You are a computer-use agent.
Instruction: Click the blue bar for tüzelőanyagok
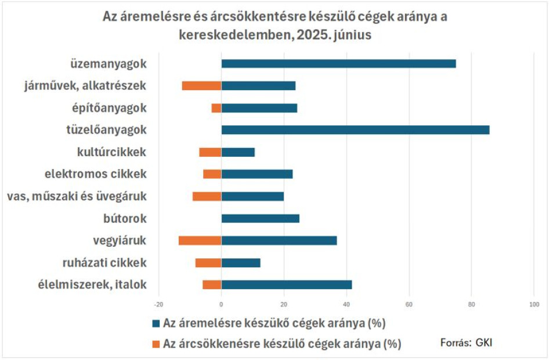[x=355, y=130]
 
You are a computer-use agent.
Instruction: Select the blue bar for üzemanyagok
[x=338, y=64]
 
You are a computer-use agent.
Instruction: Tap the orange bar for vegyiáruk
[x=200, y=240]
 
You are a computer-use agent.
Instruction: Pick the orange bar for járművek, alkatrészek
[x=202, y=86]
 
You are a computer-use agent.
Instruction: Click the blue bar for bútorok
[x=261, y=218]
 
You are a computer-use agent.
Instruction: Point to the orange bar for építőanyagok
[x=216, y=108]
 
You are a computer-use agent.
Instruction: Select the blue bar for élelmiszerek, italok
[x=287, y=285]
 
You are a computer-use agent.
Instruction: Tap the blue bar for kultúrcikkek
[x=238, y=152]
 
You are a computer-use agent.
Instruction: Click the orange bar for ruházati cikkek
[x=208, y=262]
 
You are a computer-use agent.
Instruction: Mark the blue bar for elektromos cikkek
[x=257, y=174]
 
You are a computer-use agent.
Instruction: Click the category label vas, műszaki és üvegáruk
[x=77, y=196]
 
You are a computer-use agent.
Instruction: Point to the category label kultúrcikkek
[x=111, y=152]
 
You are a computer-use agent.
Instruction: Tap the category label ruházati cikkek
[x=104, y=262]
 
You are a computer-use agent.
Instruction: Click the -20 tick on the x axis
[x=158, y=305]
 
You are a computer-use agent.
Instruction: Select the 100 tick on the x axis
[x=534, y=305]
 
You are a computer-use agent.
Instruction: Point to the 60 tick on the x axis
[x=409, y=305]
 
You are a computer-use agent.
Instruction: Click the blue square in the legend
[x=156, y=323]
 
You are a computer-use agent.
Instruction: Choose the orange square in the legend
[x=156, y=344]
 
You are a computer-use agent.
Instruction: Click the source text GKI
[x=484, y=342]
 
